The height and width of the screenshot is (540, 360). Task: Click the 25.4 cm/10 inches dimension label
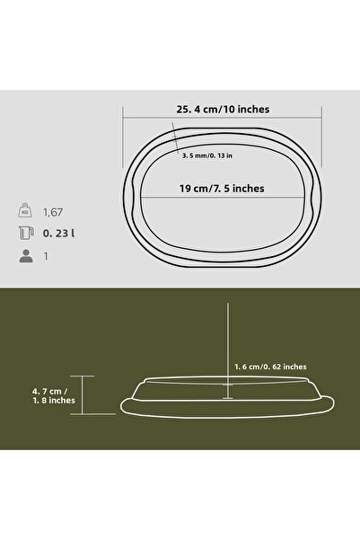point(223,109)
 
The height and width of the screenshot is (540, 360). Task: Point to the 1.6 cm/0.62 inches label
point(270,367)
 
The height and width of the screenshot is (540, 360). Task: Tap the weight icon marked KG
point(23,213)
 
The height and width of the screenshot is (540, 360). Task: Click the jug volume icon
point(23,235)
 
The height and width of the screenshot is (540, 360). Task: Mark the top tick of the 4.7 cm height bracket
point(83,376)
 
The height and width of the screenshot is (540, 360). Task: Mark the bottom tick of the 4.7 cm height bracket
point(83,414)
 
